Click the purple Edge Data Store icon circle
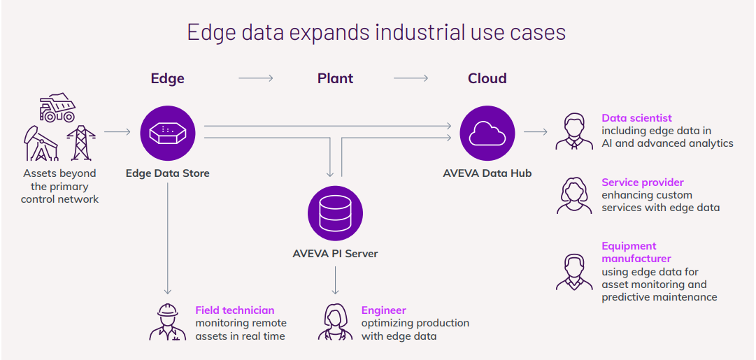168,132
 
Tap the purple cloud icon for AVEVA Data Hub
487,132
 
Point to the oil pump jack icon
41,143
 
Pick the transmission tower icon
80,144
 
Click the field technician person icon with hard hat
168,322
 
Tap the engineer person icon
335,322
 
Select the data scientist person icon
574,131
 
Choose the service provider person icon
574,196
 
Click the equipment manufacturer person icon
574,272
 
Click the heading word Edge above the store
168,78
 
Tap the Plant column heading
335,78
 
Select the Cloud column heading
487,78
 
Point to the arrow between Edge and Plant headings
256,78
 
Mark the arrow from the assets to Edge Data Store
117,131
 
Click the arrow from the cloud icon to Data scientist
536,131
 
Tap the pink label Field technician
234,310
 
